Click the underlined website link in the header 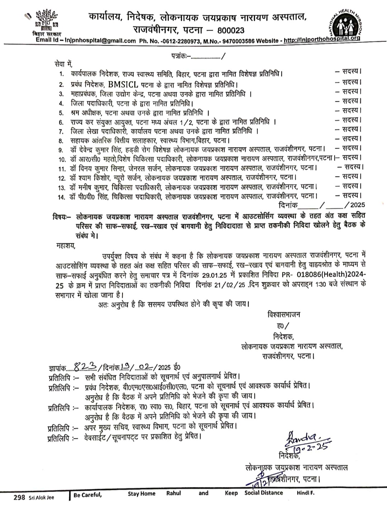pos(322,39)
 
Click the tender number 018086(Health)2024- pos(331,274)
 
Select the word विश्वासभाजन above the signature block pos(283,315)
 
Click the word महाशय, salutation pos(66,246)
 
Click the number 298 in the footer pos(19,497)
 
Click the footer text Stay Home pos(142,494)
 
